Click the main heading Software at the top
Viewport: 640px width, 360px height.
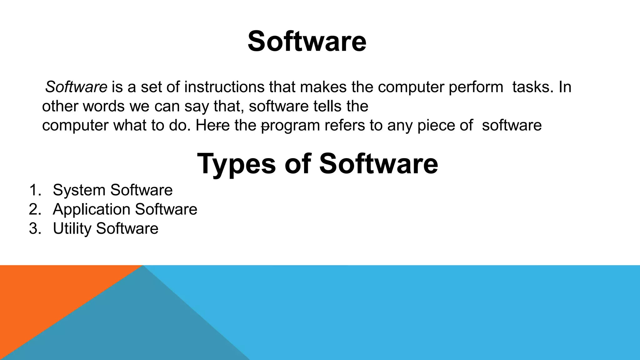click(307, 42)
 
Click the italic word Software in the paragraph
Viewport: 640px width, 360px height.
click(76, 87)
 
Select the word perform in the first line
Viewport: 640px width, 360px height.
click(476, 87)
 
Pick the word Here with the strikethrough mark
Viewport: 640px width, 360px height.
click(212, 126)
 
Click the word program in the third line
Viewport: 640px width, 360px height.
click(291, 126)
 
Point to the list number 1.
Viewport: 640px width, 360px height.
click(35, 190)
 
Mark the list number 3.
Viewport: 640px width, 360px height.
click(35, 228)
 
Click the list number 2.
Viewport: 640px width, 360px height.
click(35, 209)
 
